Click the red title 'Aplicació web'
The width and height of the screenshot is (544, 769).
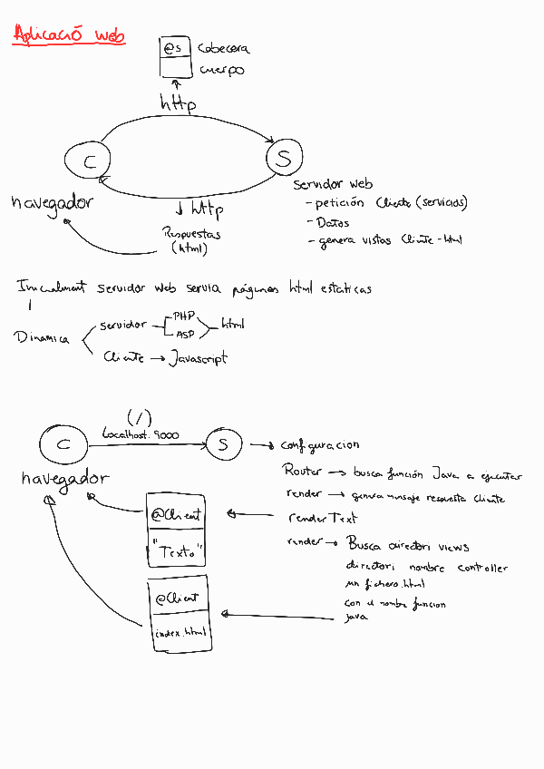click(x=70, y=35)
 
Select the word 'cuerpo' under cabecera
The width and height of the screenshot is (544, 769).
click(x=221, y=70)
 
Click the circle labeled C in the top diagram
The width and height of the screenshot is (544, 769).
click(x=88, y=162)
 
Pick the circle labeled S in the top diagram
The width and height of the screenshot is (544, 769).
click(x=284, y=159)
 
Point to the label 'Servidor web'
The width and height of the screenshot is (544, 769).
click(x=333, y=184)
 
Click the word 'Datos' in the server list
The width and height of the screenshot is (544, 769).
click(x=332, y=222)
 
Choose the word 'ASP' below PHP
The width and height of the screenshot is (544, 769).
click(x=185, y=334)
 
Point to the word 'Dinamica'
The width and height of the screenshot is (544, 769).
click(x=42, y=337)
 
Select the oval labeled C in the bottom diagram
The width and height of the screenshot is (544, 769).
click(x=63, y=444)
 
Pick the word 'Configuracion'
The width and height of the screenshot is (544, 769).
click(x=319, y=445)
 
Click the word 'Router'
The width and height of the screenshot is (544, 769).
click(x=302, y=472)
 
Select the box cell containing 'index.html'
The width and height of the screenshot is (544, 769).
click(x=180, y=631)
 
